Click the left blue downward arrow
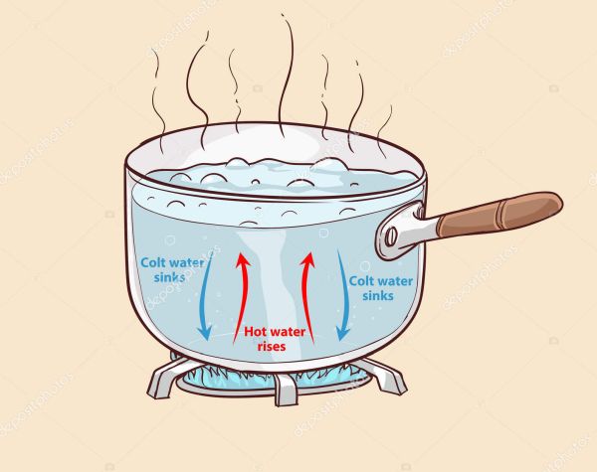[206, 297]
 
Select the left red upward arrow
[242, 298]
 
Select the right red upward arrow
[306, 297]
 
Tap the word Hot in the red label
[254, 332]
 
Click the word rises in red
[272, 346]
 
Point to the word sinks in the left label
[169, 276]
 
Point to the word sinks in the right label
[378, 295]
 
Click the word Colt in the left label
[152, 262]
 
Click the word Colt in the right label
[361, 281]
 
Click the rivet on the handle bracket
[391, 237]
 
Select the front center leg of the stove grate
[286, 391]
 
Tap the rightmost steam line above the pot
[384, 131]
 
